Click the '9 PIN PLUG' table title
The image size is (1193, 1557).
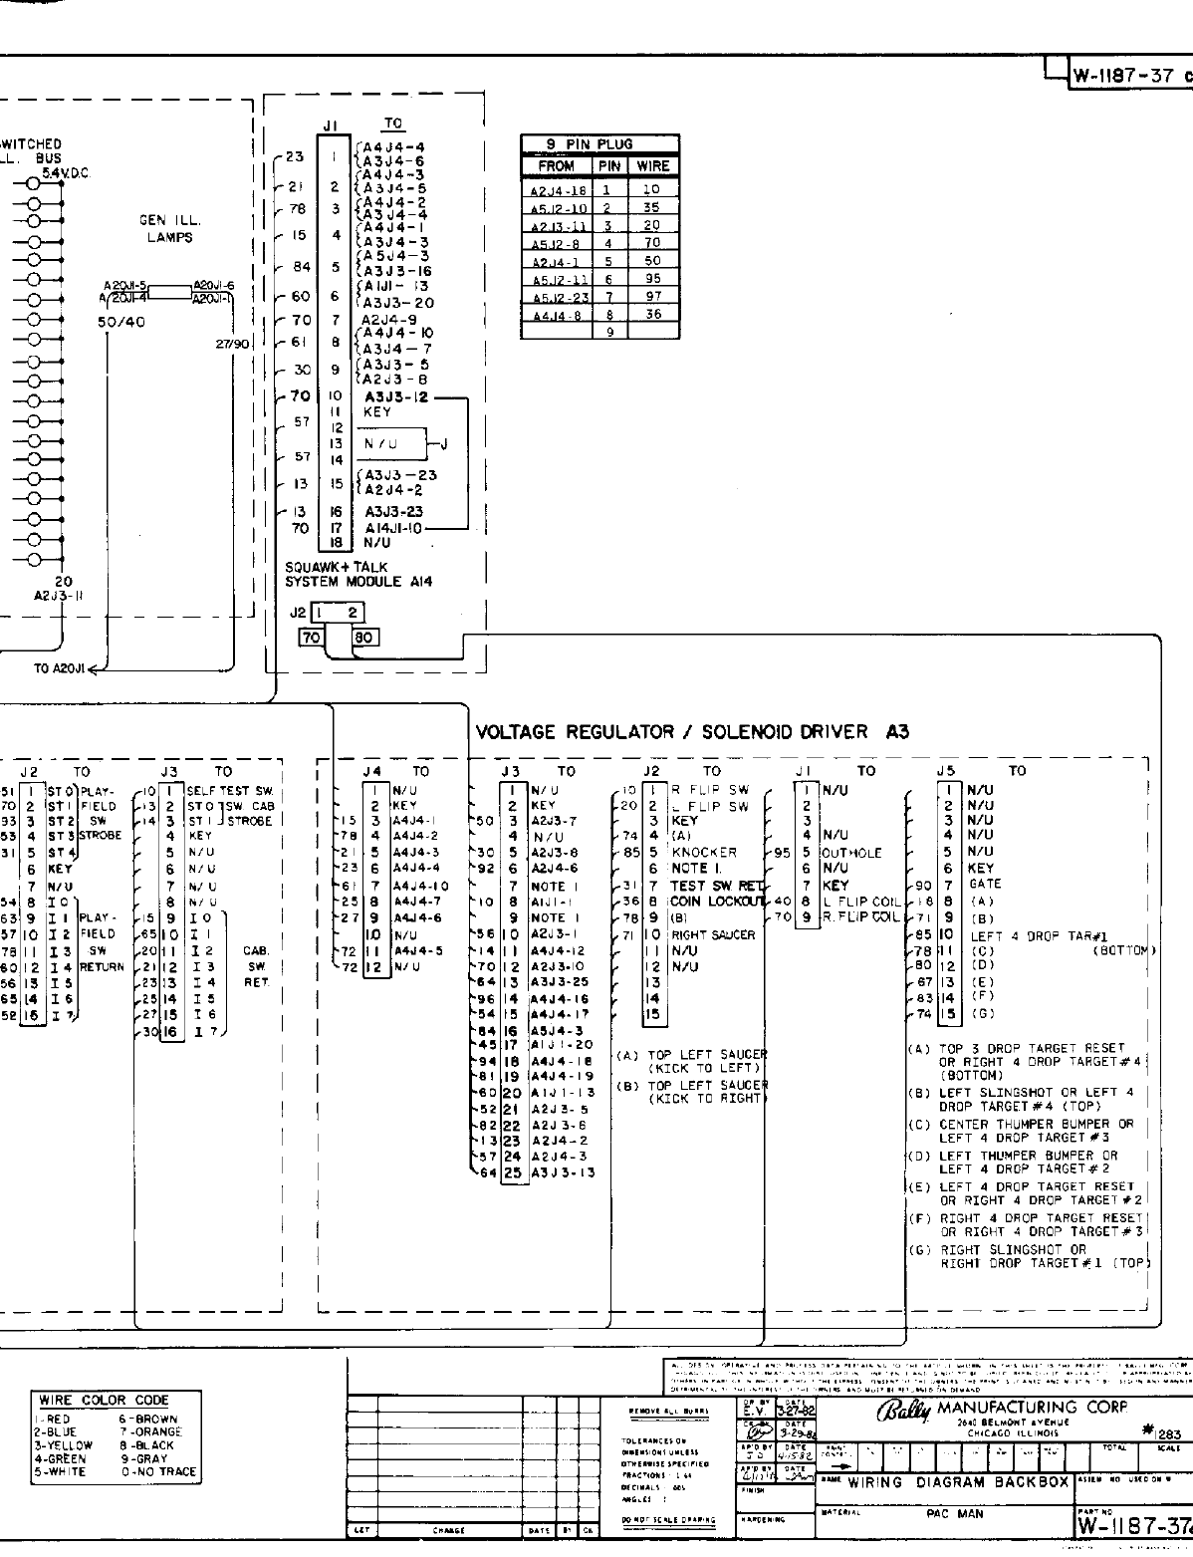(x=590, y=143)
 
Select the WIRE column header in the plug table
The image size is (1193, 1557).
(x=653, y=165)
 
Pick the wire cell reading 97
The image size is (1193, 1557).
(x=652, y=297)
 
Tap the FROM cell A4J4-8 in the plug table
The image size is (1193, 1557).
(x=556, y=315)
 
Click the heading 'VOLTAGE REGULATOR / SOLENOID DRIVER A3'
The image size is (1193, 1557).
(x=692, y=732)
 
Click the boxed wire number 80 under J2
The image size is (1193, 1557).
(x=364, y=637)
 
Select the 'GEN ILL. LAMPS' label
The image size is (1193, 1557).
(x=167, y=229)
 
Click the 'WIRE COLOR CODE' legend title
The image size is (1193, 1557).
(x=104, y=1400)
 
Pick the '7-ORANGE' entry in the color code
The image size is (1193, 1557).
(x=150, y=1431)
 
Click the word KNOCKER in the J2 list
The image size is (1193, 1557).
(x=704, y=853)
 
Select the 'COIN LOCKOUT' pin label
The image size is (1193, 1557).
(x=716, y=902)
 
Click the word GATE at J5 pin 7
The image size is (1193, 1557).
(x=985, y=884)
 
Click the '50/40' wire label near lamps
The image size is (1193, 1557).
(x=120, y=323)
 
